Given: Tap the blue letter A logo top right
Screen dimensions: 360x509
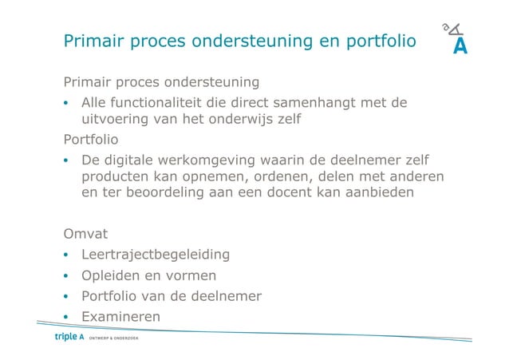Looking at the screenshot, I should pos(460,46).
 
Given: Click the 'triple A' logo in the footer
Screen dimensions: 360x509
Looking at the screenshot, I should pos(69,337).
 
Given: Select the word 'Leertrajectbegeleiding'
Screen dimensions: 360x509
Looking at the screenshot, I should pos(156,255).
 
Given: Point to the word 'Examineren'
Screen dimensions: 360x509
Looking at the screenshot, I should pos(120,317).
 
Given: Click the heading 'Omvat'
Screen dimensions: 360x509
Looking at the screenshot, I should pos(85,234).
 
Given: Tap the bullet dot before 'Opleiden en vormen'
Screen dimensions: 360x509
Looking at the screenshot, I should pos(68,276).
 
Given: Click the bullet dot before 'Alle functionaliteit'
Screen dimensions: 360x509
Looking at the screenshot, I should pos(68,103).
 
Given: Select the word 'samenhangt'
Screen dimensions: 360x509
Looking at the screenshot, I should pos(318,102).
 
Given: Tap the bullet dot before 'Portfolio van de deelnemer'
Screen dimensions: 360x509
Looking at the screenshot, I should pos(68,297).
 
